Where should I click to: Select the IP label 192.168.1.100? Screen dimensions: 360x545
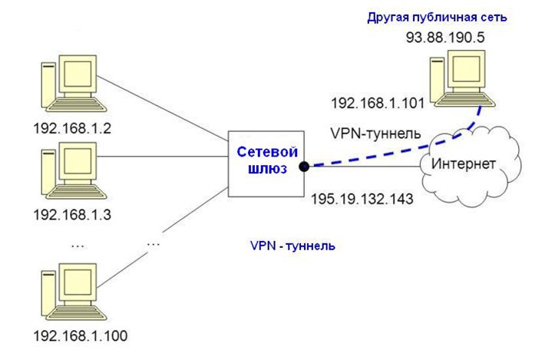coord(81,335)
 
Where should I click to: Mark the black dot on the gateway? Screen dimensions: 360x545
coord(305,165)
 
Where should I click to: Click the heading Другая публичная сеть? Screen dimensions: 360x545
coord(448,17)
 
